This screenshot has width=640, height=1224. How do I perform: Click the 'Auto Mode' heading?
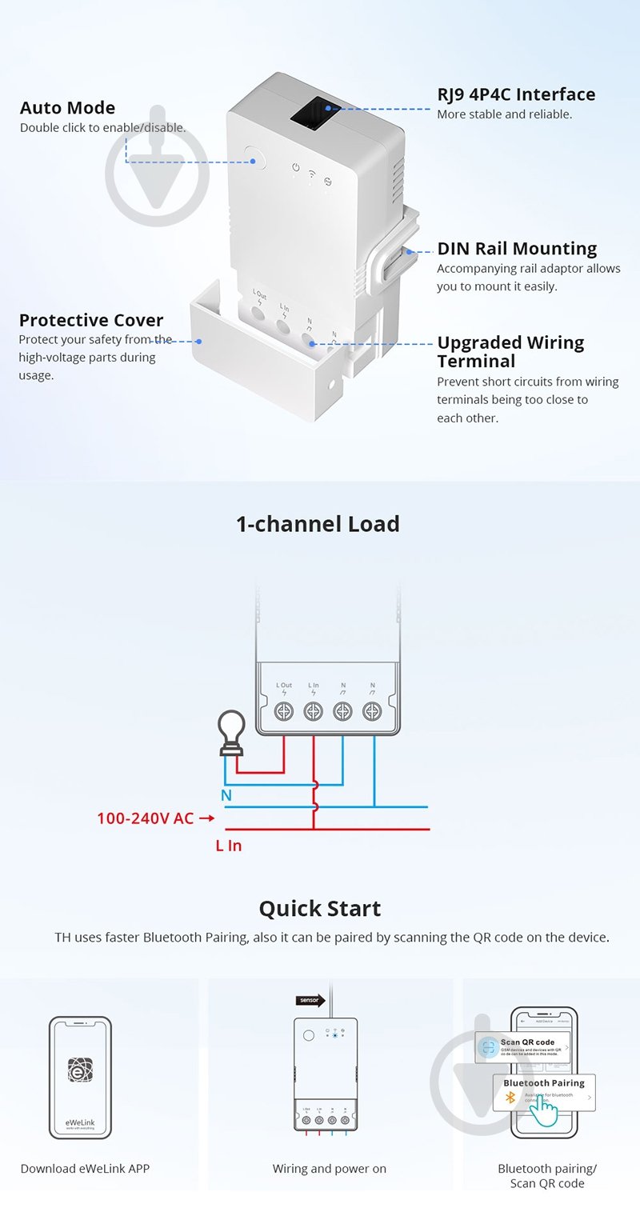pyautogui.click(x=67, y=108)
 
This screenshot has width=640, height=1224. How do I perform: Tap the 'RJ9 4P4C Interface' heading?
pyautogui.click(x=516, y=94)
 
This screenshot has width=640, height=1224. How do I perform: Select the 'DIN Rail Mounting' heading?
pyautogui.click(x=517, y=249)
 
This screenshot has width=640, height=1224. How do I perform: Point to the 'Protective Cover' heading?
pyautogui.click(x=91, y=320)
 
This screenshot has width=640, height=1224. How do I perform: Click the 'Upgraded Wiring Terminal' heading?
pyautogui.click(x=510, y=351)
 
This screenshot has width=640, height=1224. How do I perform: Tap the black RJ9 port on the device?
pyautogui.click(x=313, y=111)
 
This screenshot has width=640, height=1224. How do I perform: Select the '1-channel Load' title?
pyautogui.click(x=318, y=524)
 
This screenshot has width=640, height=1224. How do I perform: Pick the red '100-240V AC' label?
pyautogui.click(x=146, y=818)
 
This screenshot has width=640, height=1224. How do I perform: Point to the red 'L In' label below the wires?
pyautogui.click(x=229, y=845)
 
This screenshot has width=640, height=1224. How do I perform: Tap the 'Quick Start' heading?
pyautogui.click(x=319, y=909)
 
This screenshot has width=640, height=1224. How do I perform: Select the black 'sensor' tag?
pyautogui.click(x=310, y=999)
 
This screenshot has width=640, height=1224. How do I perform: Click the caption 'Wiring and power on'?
pyautogui.click(x=329, y=1169)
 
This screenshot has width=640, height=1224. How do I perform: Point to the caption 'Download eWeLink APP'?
pyautogui.click(x=85, y=1169)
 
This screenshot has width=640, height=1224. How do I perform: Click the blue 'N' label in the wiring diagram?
pyautogui.click(x=226, y=795)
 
